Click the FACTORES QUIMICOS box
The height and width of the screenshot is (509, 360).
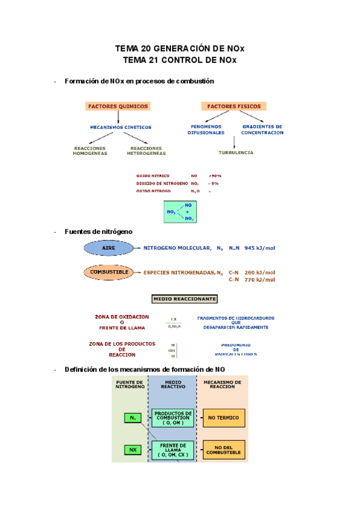coord(118,106)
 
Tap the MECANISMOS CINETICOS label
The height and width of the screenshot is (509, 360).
coord(121,127)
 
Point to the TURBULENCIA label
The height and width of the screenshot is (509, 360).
coord(235,152)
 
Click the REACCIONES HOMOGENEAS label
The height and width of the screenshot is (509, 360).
coord(89,151)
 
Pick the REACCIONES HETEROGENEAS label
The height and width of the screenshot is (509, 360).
coord(146,151)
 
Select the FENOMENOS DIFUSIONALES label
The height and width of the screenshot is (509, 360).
coord(206,130)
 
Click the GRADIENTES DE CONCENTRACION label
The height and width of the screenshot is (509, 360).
coord(262,130)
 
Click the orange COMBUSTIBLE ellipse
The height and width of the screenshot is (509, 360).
coord(109,273)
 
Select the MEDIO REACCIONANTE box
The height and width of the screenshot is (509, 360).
coord(185,298)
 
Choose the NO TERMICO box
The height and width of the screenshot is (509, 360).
coord(223,417)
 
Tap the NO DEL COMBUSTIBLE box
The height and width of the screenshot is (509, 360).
coord(223,449)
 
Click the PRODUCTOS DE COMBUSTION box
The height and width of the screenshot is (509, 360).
coord(173,417)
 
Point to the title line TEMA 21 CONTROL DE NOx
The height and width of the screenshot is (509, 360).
coord(179,60)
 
